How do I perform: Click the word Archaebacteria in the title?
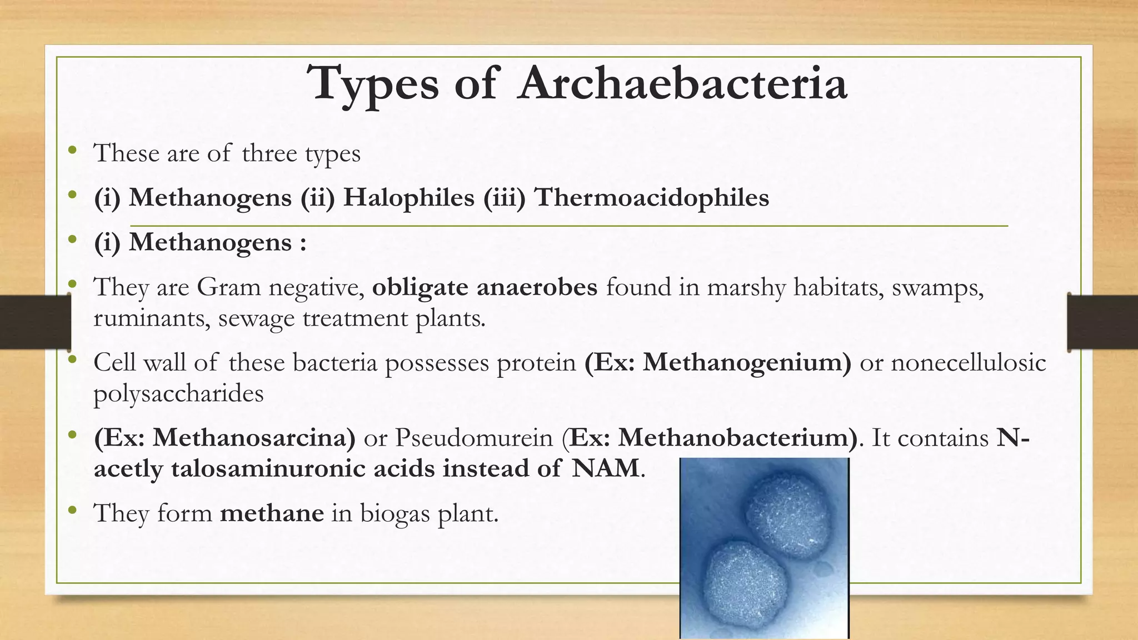click(682, 83)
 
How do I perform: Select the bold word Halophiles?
click(408, 197)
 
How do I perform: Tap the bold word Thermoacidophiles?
click(651, 197)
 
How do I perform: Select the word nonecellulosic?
click(969, 362)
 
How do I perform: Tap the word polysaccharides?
click(178, 393)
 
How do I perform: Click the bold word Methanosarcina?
click(254, 438)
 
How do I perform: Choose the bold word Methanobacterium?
click(737, 438)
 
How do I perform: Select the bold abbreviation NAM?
click(606, 468)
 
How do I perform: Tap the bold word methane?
click(272, 513)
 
